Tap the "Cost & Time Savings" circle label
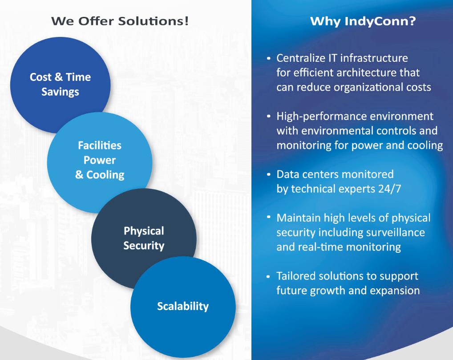60,85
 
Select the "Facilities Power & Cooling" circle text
100,160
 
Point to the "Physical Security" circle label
144,238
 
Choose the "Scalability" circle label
183,306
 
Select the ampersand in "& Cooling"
79,174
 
